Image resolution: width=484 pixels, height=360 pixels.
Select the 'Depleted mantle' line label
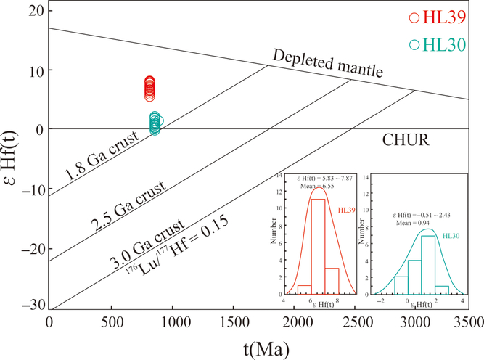tap(328, 65)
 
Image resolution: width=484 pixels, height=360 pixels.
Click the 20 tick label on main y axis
tap(33, 10)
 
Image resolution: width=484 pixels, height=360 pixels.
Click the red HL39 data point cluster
tap(149, 89)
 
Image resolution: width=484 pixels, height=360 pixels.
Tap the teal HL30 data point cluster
tap(155, 123)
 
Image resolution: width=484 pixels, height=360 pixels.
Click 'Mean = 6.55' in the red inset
tap(316, 185)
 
